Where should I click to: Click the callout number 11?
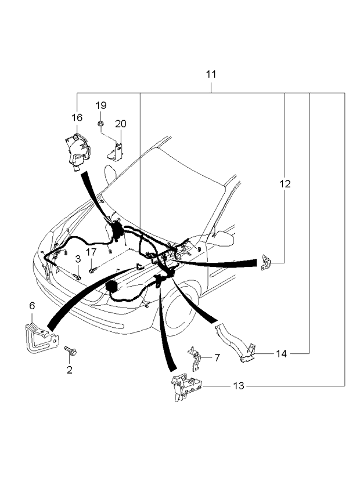pyautogui.click(x=211, y=75)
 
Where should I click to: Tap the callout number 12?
pyautogui.click(x=285, y=184)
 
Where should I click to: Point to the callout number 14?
pyautogui.click(x=282, y=353)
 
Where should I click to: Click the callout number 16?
pyautogui.click(x=77, y=117)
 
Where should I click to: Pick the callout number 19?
pyautogui.click(x=101, y=105)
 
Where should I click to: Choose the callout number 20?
pyautogui.click(x=120, y=124)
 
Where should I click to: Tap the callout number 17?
pyautogui.click(x=91, y=252)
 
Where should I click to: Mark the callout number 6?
pyautogui.click(x=32, y=305)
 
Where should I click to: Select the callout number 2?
pyautogui.click(x=69, y=370)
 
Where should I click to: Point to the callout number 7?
pyautogui.click(x=217, y=357)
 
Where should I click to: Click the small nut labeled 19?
pyautogui.click(x=100, y=123)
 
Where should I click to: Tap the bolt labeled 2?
pyautogui.click(x=71, y=350)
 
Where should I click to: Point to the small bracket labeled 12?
pyautogui.click(x=265, y=262)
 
